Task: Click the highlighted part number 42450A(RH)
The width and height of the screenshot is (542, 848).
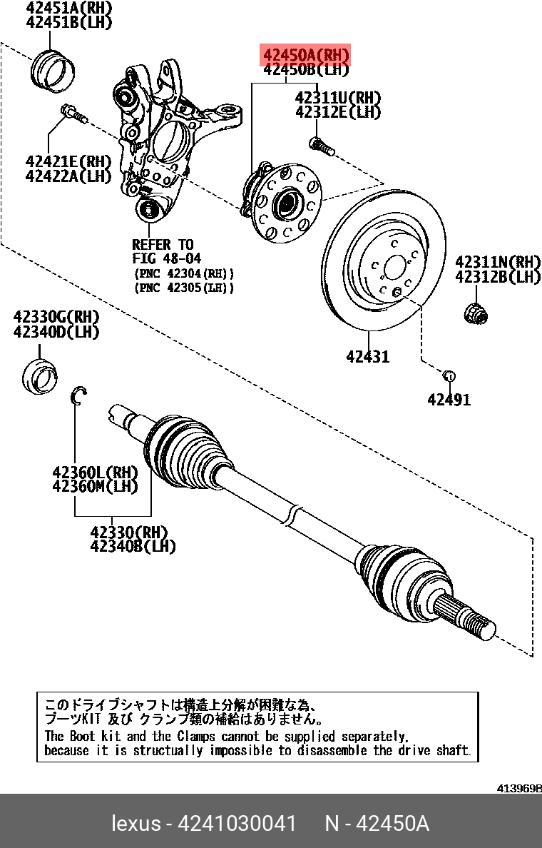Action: point(307,55)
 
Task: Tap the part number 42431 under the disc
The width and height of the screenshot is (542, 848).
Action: point(368,356)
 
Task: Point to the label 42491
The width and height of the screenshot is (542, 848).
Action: point(449,400)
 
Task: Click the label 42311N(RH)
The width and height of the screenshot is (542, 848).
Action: point(498,262)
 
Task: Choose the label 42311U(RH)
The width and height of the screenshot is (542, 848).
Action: point(337,98)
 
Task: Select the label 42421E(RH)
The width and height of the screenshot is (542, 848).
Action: point(68,161)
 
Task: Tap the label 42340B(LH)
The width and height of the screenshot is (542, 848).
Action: point(133,547)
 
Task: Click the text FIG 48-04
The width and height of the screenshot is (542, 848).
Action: point(167,258)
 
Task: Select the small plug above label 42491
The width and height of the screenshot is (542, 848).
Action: point(449,375)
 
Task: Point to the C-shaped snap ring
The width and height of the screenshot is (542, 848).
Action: point(78,396)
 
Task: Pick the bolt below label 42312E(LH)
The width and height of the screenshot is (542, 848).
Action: point(322,146)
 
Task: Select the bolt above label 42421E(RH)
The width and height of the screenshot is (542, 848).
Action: point(73,113)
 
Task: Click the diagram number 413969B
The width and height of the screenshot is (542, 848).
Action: point(519,789)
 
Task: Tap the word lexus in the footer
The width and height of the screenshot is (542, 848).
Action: point(135,824)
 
